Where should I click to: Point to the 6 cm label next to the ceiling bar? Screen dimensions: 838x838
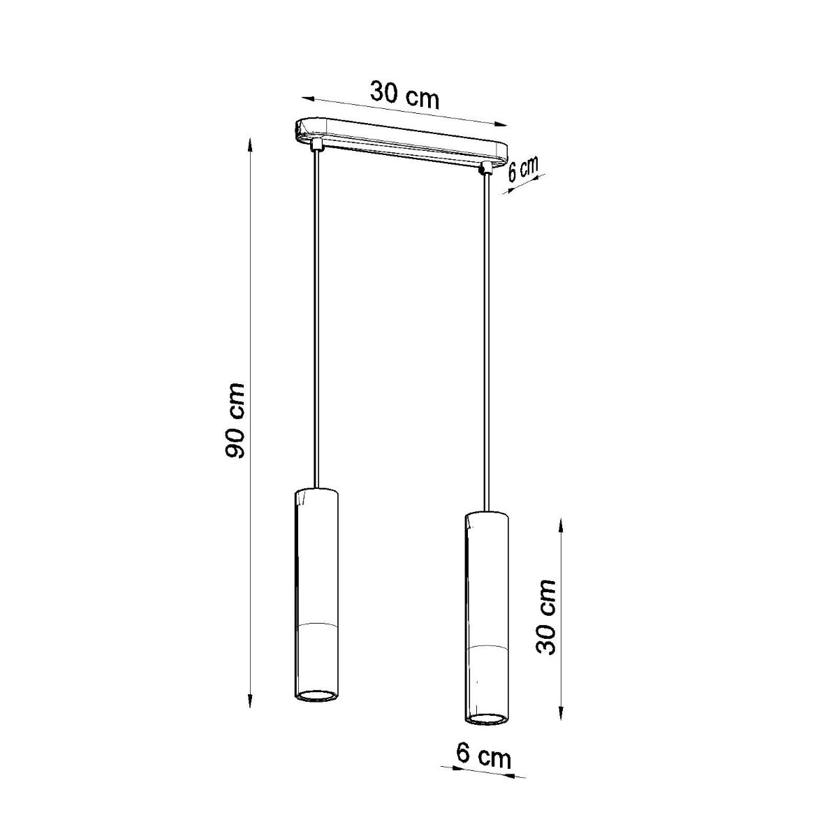[522, 170]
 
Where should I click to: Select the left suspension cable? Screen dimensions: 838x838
[318, 314]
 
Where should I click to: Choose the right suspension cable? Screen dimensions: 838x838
[485, 335]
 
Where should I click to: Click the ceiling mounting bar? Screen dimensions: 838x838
[402, 140]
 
